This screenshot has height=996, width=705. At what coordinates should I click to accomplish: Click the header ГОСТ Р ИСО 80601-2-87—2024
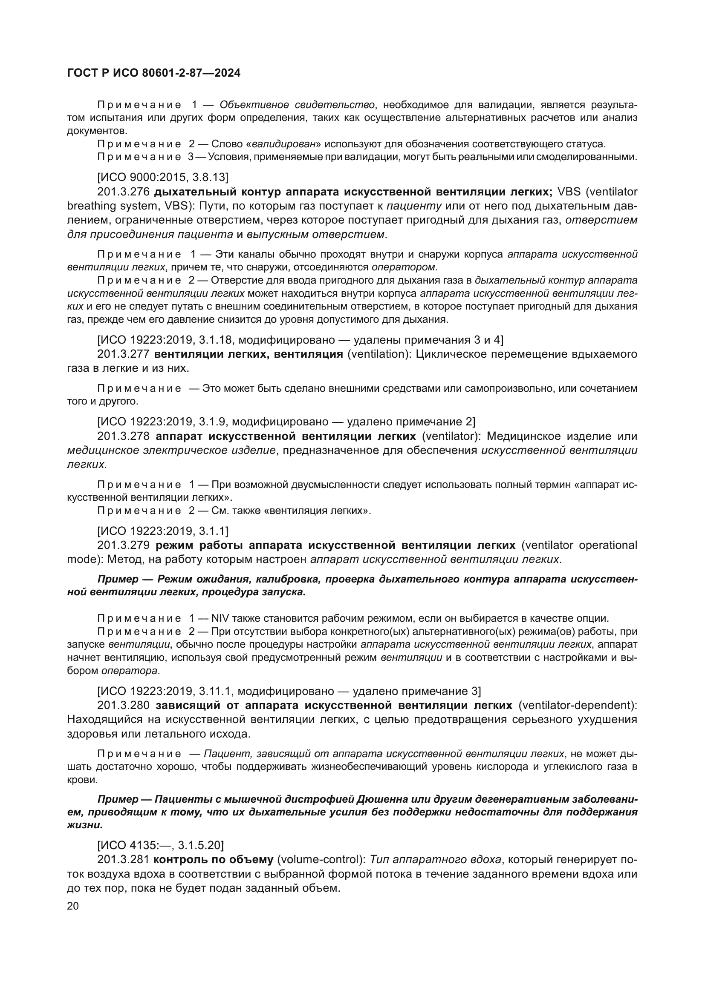(x=154, y=73)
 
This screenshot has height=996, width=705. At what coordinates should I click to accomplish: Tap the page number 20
(x=73, y=906)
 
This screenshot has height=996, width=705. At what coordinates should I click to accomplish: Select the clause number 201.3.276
(x=123, y=192)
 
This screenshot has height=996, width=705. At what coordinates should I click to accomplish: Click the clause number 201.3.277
(x=123, y=354)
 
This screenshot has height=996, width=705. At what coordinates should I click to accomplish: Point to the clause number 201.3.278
(x=123, y=436)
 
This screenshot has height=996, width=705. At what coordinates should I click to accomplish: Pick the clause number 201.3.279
(x=123, y=545)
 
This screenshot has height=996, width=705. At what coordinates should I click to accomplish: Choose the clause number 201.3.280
(x=123, y=705)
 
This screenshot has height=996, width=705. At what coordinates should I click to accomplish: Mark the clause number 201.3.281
(x=123, y=859)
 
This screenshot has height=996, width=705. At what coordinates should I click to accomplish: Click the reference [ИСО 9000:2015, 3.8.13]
(x=163, y=177)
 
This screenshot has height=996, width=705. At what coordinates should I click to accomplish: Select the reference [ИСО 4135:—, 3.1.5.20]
(x=161, y=844)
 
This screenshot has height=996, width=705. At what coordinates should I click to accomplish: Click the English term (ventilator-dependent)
(x=578, y=705)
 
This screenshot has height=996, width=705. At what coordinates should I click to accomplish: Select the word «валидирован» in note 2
(x=285, y=144)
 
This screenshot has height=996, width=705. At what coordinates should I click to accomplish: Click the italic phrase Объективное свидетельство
(x=298, y=105)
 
